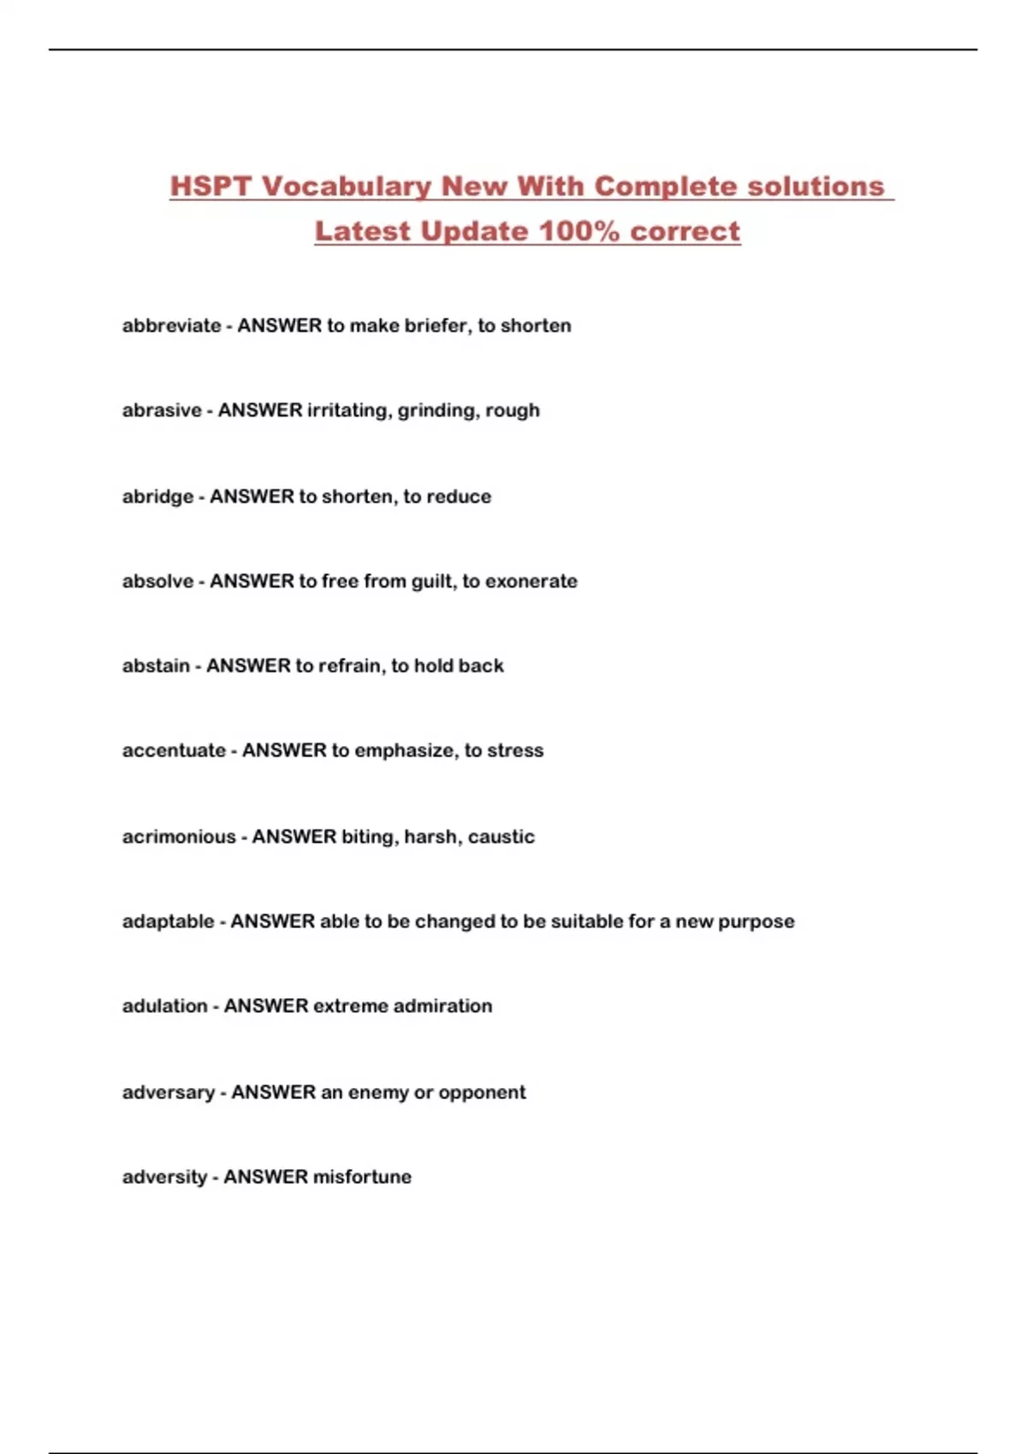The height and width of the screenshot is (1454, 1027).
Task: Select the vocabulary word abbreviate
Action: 171,326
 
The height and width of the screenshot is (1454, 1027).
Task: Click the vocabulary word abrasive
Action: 162,411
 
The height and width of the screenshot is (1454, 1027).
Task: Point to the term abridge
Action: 157,497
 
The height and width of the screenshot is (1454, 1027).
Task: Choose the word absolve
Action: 157,582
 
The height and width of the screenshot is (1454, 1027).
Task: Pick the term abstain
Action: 156,666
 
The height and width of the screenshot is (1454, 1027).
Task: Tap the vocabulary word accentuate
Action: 174,751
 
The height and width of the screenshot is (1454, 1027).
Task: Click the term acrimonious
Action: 179,836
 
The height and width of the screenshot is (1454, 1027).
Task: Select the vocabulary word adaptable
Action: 168,922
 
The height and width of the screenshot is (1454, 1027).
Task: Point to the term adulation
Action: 164,1007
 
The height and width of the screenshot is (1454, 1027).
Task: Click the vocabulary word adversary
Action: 168,1093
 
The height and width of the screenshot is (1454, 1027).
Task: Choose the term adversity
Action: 164,1178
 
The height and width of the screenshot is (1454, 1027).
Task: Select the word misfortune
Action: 362,1178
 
